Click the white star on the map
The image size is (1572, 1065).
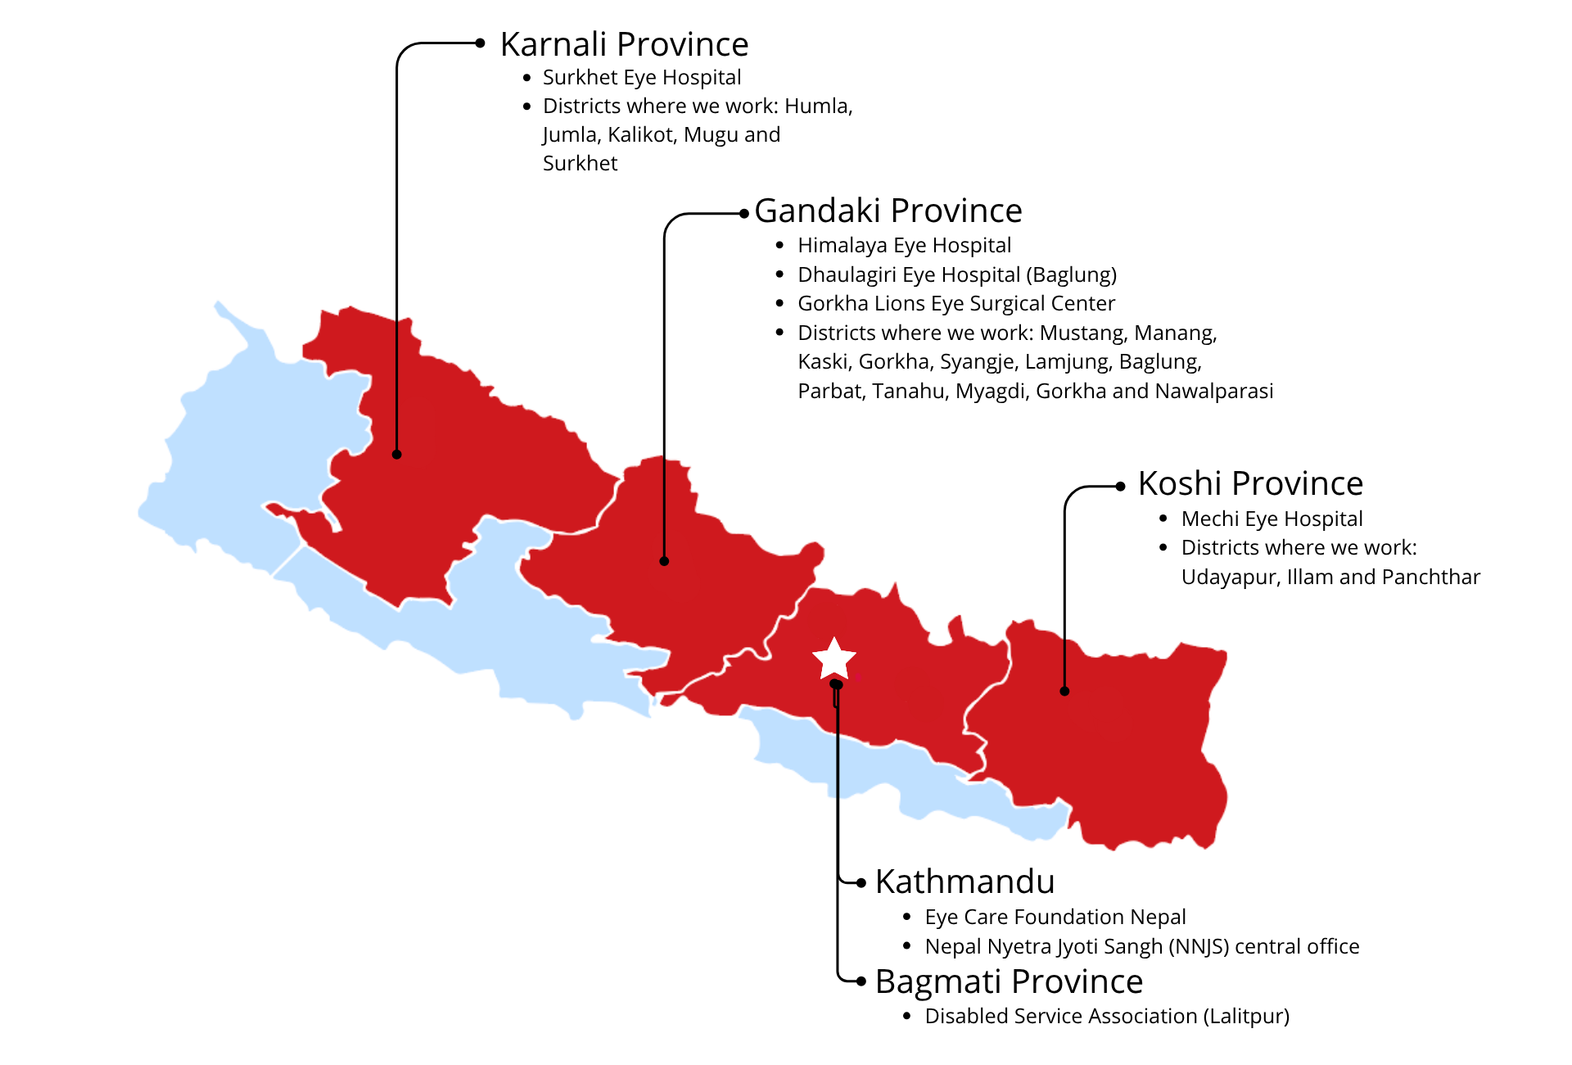coord(833,659)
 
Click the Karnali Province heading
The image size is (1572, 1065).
coord(624,44)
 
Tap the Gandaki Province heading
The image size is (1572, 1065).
coord(888,211)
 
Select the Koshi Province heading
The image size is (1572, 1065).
coord(1250,483)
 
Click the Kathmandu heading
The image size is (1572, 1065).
coord(964,881)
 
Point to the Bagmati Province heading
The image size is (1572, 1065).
coord(1009,981)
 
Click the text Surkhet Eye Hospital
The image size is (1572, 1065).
coord(642,77)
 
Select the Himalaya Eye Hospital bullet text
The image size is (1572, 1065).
coord(904,245)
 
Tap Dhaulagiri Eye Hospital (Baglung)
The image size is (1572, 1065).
coord(957,274)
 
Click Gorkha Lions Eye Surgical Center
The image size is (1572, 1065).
coord(956,303)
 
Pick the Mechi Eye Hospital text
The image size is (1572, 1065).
coord(1272,519)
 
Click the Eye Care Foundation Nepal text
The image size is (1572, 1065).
coord(1055,917)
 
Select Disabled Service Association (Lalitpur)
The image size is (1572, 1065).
coord(1107,1016)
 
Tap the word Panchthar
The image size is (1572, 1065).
coord(1430,577)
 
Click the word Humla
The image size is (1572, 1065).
coord(818,106)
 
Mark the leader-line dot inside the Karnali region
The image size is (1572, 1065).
coord(397,455)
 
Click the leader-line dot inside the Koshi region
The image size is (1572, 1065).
coord(1064,691)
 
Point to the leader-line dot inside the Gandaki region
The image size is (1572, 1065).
coord(664,561)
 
